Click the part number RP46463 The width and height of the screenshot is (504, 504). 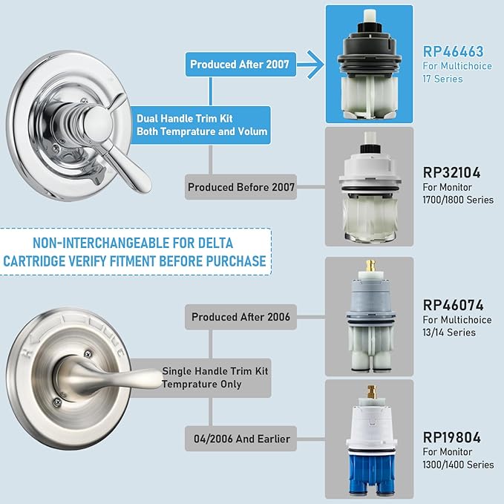pyautogui.click(x=453, y=52)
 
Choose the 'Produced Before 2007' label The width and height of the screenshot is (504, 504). pyautogui.click(x=241, y=188)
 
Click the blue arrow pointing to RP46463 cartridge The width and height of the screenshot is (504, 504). pyautogui.click(x=305, y=65)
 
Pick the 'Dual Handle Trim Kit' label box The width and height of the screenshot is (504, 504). pyautogui.click(x=202, y=125)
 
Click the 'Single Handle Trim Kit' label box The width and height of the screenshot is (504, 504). pyautogui.click(x=215, y=377)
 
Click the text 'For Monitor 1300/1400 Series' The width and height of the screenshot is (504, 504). pyautogui.click(x=458, y=458)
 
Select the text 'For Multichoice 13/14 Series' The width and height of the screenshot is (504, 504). pyautogui.click(x=457, y=326)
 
